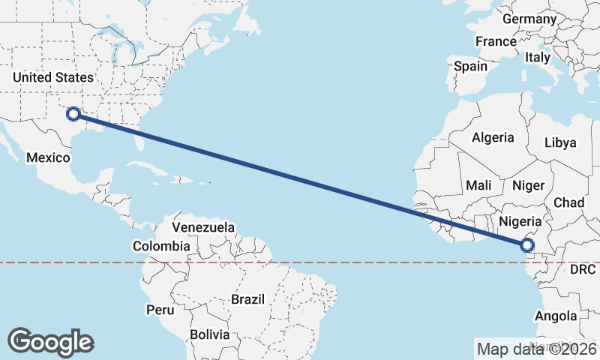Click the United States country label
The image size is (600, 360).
pyautogui.click(x=53, y=77)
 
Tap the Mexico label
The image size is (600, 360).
pyautogui.click(x=48, y=157)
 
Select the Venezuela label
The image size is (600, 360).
pyautogui.click(x=203, y=226)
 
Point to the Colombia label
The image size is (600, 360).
pyautogui.click(x=161, y=245)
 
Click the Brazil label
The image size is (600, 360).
pyautogui.click(x=248, y=298)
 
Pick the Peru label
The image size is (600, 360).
pyautogui.click(x=160, y=309)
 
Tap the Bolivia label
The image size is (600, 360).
pyautogui.click(x=208, y=334)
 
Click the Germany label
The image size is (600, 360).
pyautogui.click(x=529, y=19)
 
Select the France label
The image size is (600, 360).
pyautogui.click(x=496, y=41)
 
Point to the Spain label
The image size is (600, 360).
pyautogui.click(x=470, y=66)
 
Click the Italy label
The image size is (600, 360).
pyautogui.click(x=538, y=57)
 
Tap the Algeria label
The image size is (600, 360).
pyautogui.click(x=493, y=137)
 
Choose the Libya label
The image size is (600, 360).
pyautogui.click(x=561, y=142)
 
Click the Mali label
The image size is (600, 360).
pyautogui.click(x=478, y=184)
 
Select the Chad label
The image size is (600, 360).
pyautogui.click(x=568, y=202)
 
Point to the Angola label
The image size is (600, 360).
pyautogui.click(x=556, y=316)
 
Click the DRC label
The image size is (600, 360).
pyautogui.click(x=582, y=268)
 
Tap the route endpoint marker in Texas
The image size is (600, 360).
pyautogui.click(x=73, y=114)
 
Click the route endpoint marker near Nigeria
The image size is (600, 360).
pyautogui.click(x=527, y=244)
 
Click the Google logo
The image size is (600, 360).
pyautogui.click(x=50, y=342)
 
